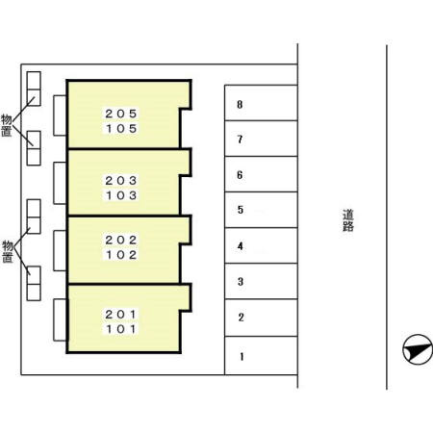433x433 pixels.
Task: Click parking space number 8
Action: [x=261, y=103]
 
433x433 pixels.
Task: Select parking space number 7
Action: [x=261, y=139]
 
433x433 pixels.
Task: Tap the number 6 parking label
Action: [x=240, y=175]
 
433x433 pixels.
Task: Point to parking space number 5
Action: [x=261, y=210]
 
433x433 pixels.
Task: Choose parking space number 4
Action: [x=261, y=245]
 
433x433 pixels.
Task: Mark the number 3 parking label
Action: [x=241, y=282]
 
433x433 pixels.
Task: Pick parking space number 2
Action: [x=261, y=318]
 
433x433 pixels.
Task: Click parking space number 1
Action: [x=261, y=355]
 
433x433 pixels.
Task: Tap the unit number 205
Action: [x=121, y=114]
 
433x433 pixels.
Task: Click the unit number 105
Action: [x=121, y=129]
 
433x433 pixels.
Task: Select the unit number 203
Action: [x=121, y=181]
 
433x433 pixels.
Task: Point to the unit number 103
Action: [x=121, y=195]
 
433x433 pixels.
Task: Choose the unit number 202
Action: [x=121, y=240]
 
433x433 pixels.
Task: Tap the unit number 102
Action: [x=121, y=255]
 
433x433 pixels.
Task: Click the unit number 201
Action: [x=121, y=315]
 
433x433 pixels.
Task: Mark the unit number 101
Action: [x=121, y=329]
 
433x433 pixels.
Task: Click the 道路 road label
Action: [x=348, y=220]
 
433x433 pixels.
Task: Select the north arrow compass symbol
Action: [x=418, y=349]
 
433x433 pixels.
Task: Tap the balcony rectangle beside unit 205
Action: [x=60, y=115]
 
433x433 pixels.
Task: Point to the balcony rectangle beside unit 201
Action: [x=61, y=319]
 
